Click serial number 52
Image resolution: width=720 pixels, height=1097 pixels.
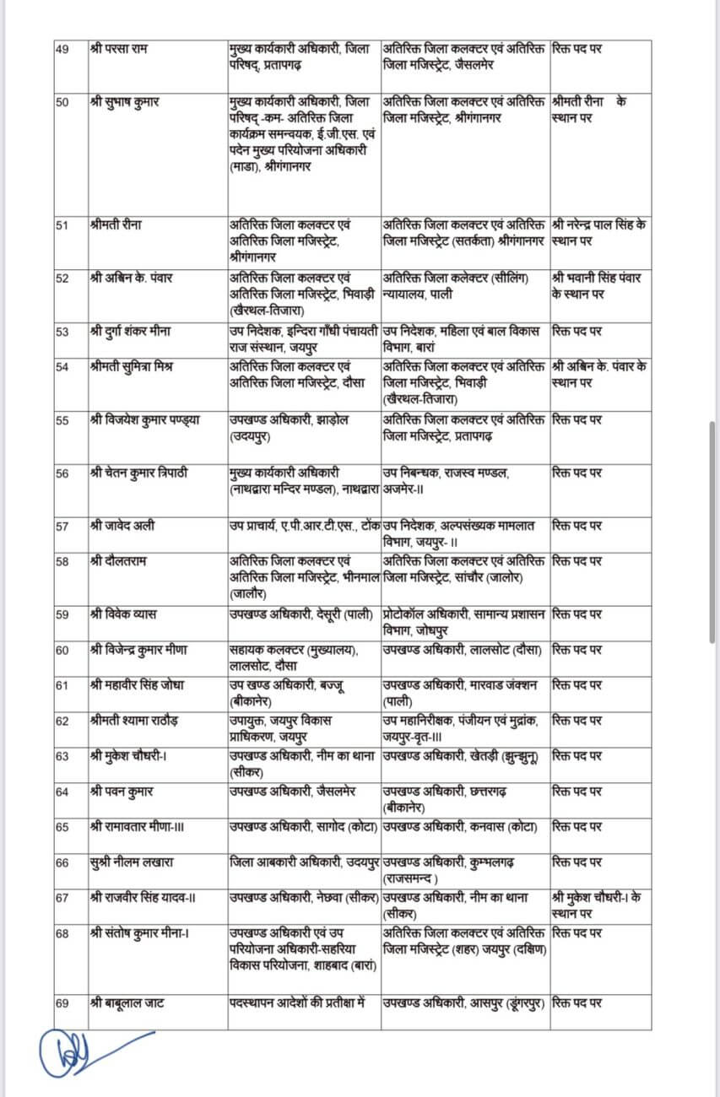point(62,279)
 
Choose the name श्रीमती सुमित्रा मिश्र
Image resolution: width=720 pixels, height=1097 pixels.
point(129,365)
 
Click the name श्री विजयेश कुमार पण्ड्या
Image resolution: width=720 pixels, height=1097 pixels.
point(143,420)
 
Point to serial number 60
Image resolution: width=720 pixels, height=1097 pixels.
point(62,650)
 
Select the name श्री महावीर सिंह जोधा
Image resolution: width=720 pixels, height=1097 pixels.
point(136,684)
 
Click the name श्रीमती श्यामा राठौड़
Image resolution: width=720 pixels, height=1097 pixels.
point(133,720)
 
